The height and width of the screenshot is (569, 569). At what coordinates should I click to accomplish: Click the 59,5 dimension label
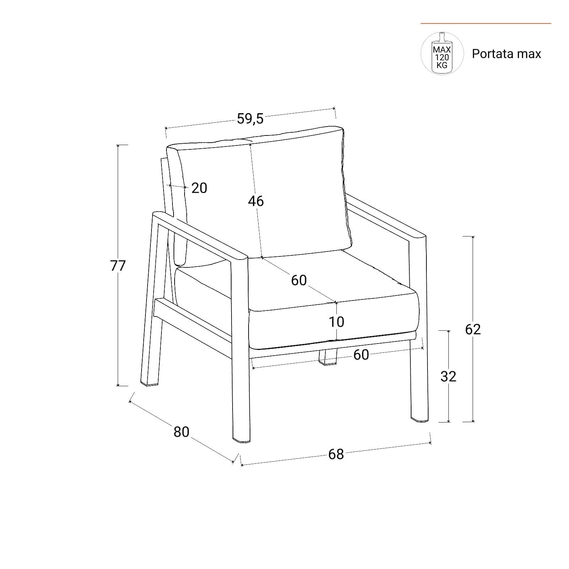pos(250,119)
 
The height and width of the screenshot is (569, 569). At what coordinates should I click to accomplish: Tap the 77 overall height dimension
pos(118,266)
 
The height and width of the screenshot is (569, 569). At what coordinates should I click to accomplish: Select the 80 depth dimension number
pos(181,432)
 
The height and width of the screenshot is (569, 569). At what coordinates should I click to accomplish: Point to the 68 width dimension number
pos(336,454)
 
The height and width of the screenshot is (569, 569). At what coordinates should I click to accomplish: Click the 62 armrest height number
pos(473,329)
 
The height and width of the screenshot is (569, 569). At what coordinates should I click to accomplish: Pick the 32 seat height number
pos(448,376)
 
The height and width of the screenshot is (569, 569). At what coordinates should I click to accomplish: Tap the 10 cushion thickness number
pos(336,322)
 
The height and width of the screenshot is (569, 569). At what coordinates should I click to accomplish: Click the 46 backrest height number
pos(256,201)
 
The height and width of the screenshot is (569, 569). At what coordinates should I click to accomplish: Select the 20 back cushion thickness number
pos(199,188)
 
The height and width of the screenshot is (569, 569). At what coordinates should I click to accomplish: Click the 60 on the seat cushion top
pos(299,280)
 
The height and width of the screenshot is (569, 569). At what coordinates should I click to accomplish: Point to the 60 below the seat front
pos(361,355)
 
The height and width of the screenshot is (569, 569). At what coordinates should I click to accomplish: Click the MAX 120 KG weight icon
pos(442,53)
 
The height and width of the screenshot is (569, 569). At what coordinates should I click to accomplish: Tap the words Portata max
pos(506,54)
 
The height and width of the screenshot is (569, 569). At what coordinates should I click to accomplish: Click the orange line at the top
pos(486,23)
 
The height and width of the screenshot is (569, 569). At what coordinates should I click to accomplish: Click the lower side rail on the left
pos(192,320)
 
